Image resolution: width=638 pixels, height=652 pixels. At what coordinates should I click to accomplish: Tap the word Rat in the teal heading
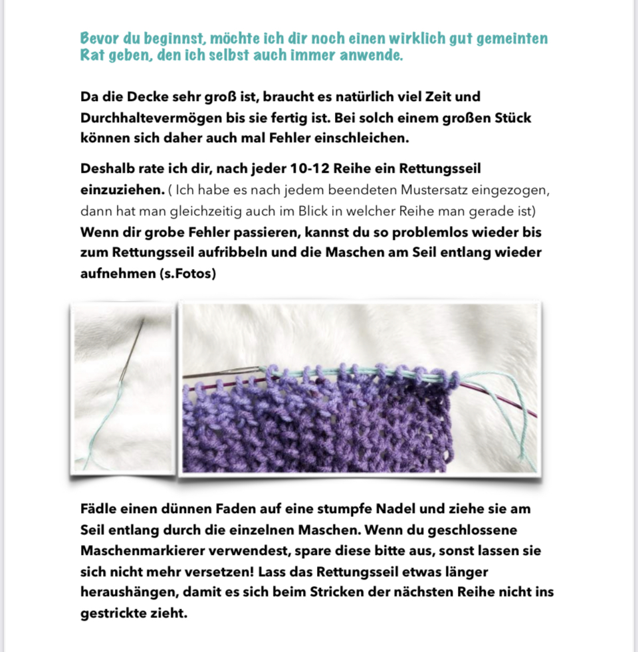92,55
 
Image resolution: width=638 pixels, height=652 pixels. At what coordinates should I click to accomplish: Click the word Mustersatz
435,190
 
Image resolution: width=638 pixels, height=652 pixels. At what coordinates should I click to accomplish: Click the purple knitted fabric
319,425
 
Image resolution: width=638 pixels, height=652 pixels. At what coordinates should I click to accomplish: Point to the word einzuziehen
120,190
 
